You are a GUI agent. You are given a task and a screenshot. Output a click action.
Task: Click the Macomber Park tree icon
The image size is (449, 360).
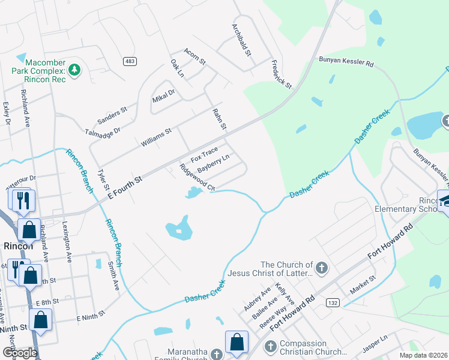pos(74,70)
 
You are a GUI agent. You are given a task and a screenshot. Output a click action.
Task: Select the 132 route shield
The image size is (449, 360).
pos(331,304)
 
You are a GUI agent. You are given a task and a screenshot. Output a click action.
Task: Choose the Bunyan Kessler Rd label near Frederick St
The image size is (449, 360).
pos(346,62)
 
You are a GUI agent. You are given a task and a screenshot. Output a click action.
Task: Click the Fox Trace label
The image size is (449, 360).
pos(203,156)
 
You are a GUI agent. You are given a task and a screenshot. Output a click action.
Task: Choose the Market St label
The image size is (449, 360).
pos(363,281)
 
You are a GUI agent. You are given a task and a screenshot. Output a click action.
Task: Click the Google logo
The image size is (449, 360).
pos(20,353)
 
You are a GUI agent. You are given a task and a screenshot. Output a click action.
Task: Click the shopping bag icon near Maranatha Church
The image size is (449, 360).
pos(237,341)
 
